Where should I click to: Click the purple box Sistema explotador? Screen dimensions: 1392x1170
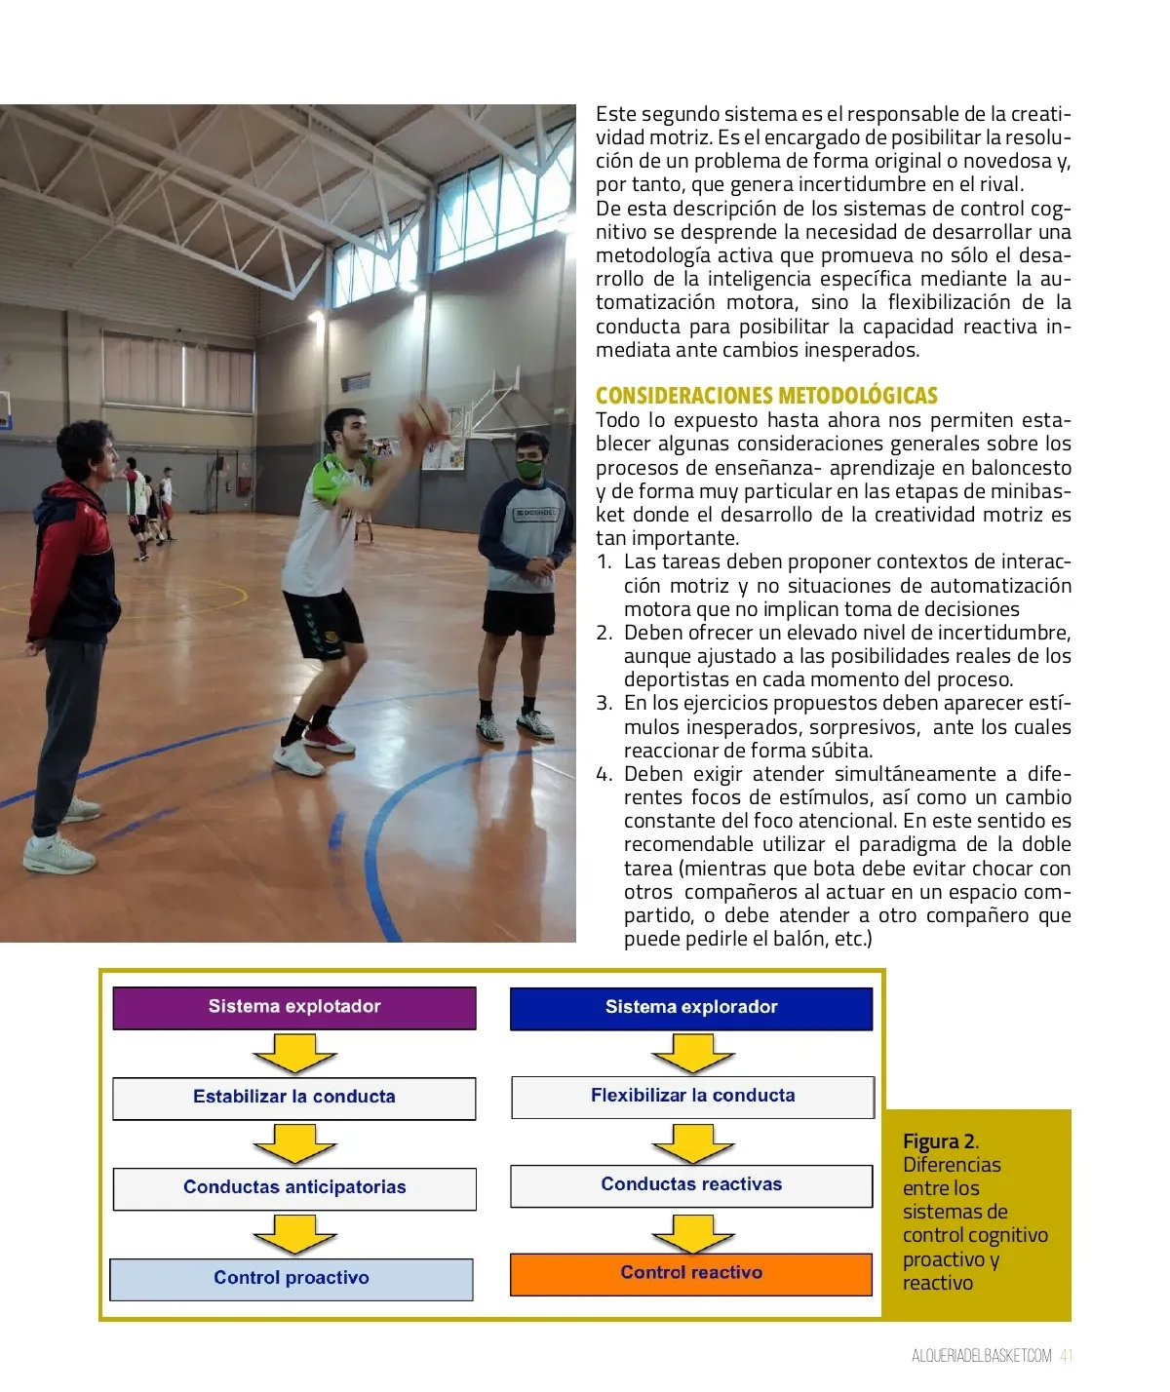click(294, 1008)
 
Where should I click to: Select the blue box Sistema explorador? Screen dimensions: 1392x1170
click(691, 1008)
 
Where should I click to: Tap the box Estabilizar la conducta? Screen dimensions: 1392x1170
click(294, 1098)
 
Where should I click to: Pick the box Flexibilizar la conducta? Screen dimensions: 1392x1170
click(692, 1097)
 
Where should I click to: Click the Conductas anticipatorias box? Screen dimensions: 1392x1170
click(294, 1188)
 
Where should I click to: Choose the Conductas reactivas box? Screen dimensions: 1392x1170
click(691, 1185)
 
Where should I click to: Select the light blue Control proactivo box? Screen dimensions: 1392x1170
click(292, 1279)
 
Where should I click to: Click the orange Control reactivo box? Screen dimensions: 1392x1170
click(691, 1274)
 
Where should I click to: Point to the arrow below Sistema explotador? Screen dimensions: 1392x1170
click(294, 1054)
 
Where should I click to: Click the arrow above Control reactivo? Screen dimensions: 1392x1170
click(692, 1232)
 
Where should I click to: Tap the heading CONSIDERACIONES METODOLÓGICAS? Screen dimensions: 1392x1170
click(766, 396)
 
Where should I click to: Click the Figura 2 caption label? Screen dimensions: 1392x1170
click(940, 1141)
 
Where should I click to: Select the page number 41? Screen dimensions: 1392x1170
click(1067, 1356)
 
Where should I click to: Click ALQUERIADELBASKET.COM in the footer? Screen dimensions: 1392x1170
click(982, 1356)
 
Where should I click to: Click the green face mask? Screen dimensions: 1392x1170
click(529, 468)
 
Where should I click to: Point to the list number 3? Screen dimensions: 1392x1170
click(604, 704)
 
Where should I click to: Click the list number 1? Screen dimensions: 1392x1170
click(604, 562)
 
